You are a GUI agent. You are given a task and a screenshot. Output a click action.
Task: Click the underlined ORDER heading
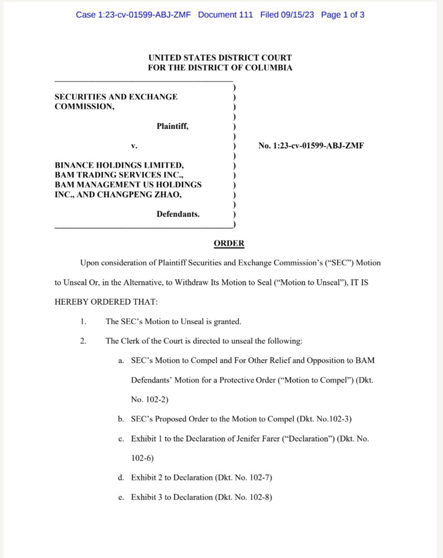pyautogui.click(x=229, y=244)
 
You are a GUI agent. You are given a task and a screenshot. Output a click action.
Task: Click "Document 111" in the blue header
pyautogui.click(x=225, y=15)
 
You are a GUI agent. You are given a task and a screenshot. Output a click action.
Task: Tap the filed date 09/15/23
pyautogui.click(x=297, y=15)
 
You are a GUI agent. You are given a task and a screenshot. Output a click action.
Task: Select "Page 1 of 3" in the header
pyautogui.click(x=342, y=15)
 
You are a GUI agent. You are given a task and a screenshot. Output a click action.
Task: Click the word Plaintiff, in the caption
pyautogui.click(x=173, y=126)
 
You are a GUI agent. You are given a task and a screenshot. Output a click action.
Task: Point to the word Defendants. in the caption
pyautogui.click(x=178, y=214)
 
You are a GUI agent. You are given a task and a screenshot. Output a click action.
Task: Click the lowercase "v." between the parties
pyautogui.click(x=134, y=146)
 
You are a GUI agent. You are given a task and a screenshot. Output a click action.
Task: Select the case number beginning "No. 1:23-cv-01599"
pyautogui.click(x=311, y=146)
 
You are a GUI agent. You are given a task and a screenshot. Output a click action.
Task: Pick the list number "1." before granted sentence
pyautogui.click(x=83, y=322)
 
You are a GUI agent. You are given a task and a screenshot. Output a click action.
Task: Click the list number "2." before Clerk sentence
pyautogui.click(x=83, y=341)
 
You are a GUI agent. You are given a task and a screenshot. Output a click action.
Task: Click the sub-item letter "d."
pyautogui.click(x=121, y=477)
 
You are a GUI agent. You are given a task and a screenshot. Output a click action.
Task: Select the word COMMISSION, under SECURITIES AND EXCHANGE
pyautogui.click(x=84, y=107)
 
